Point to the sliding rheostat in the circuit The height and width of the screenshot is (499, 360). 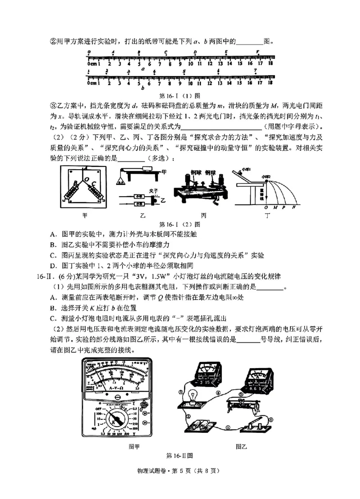point(244,397)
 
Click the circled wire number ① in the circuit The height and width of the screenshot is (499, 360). point(228,428)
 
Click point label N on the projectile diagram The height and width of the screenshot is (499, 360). point(294,207)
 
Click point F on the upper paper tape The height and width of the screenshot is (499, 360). point(258,52)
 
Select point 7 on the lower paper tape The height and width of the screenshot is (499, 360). point(255,71)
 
